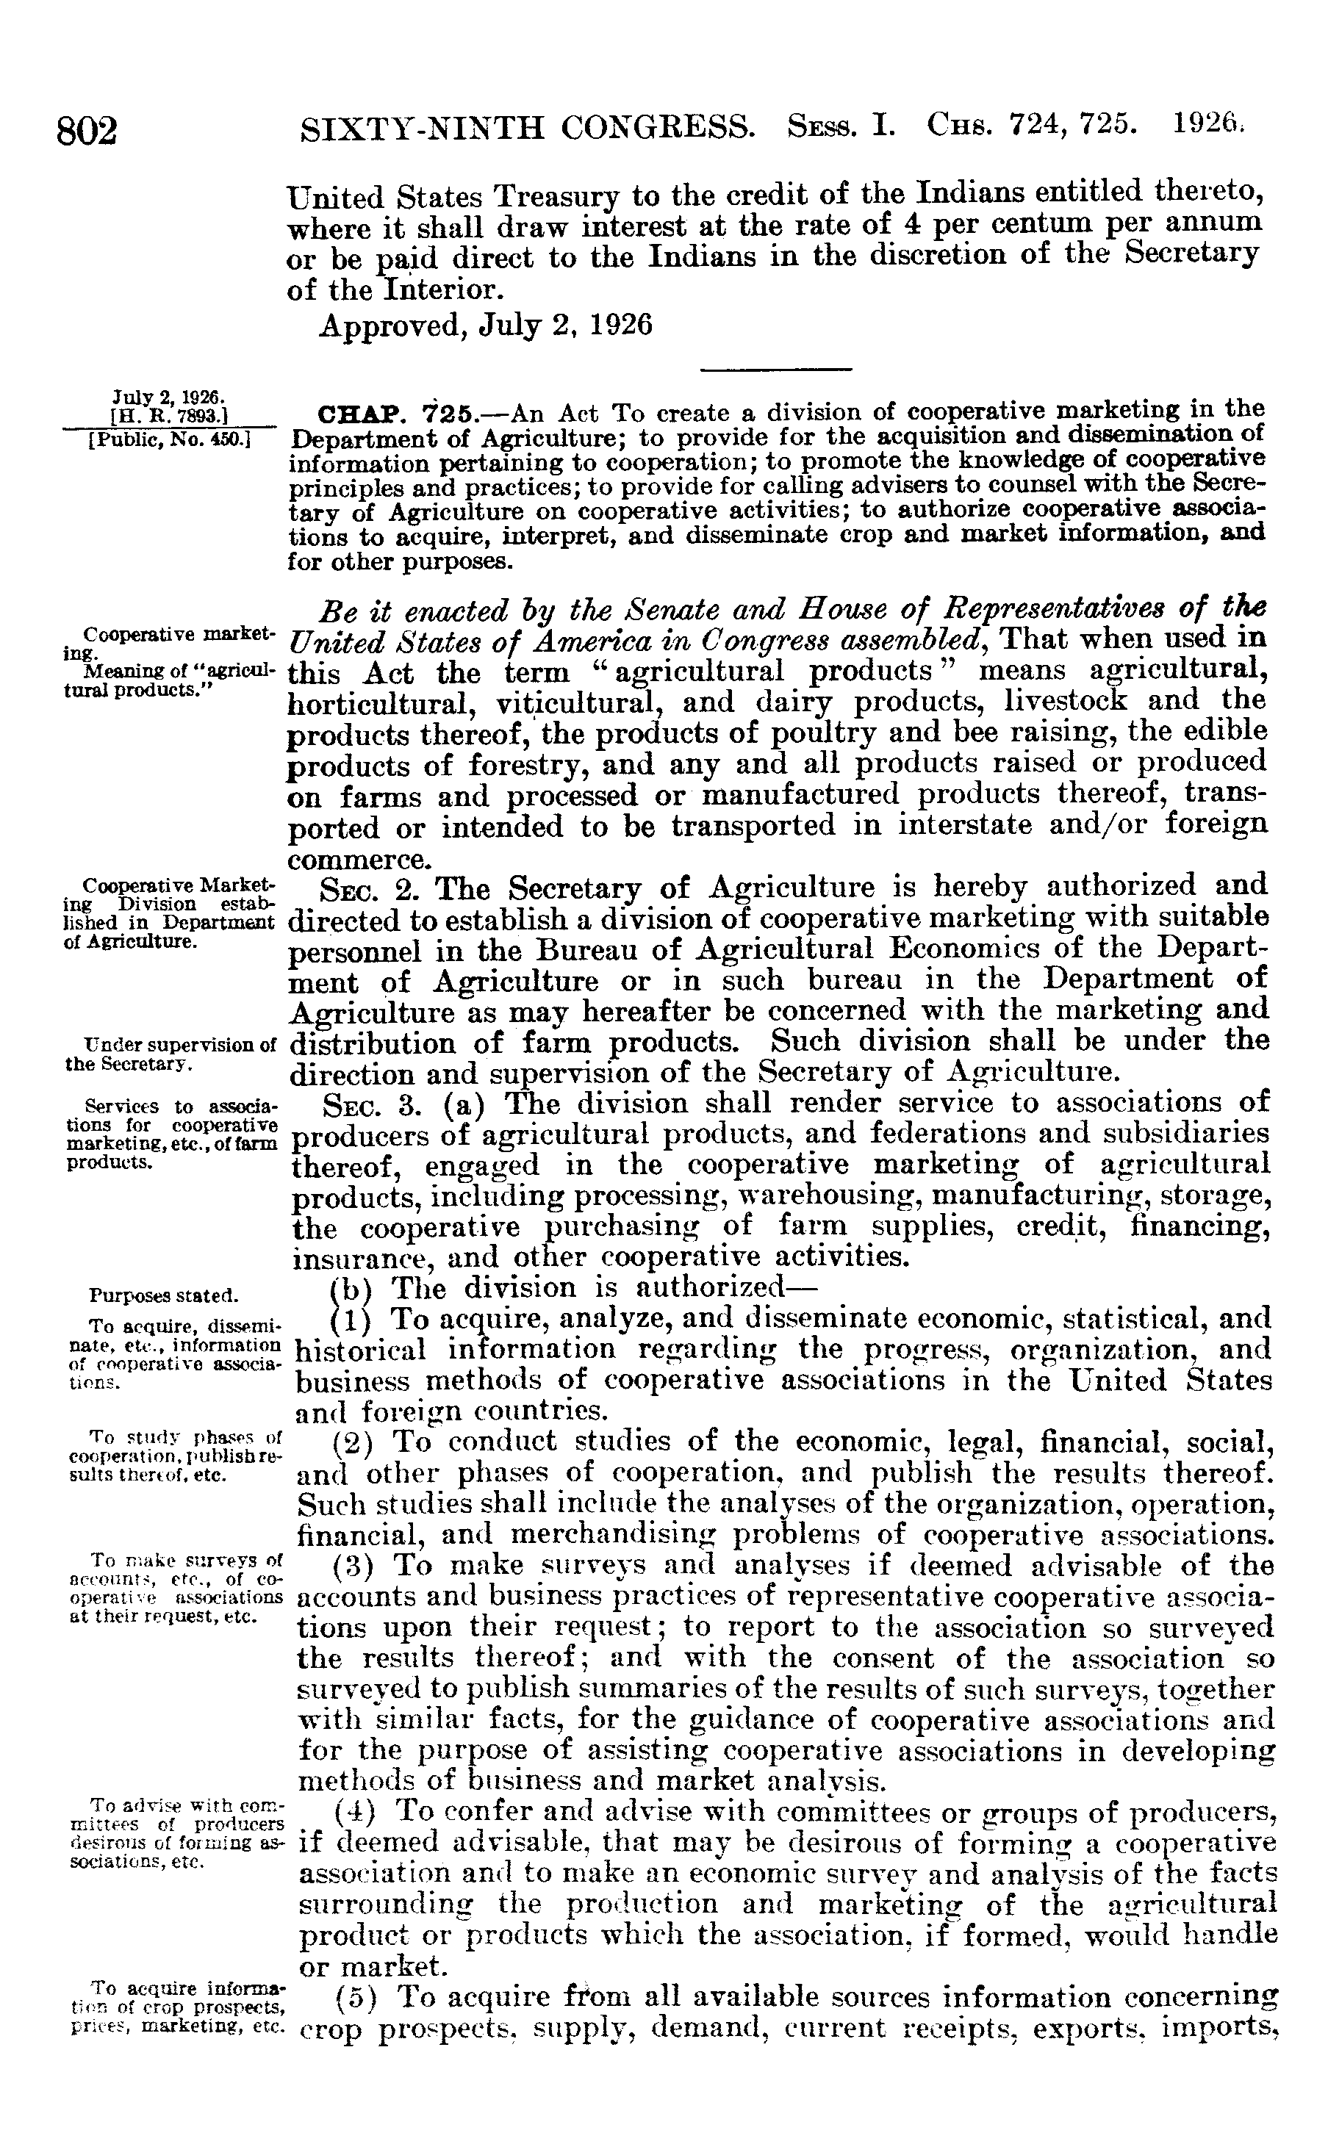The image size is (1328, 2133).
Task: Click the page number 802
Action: click(x=87, y=131)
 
